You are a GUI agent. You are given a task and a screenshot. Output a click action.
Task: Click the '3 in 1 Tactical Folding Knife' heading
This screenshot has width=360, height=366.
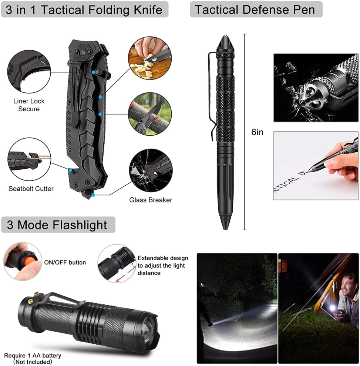(x=84, y=10)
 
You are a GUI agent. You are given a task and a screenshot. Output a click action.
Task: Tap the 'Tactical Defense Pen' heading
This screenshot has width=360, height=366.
(x=255, y=10)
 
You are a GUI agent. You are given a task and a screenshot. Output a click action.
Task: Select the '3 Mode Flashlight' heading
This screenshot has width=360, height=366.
(x=57, y=225)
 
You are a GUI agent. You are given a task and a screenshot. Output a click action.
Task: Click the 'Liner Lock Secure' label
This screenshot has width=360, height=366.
(x=29, y=105)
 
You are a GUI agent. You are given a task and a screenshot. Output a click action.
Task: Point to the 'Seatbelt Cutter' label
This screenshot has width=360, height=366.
(x=31, y=189)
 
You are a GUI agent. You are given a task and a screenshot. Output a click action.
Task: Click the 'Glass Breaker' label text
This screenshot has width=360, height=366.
(x=151, y=200)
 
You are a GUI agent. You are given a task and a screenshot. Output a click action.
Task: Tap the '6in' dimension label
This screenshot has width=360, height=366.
(x=257, y=132)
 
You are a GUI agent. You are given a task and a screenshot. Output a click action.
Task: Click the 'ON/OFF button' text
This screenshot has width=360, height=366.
(x=65, y=262)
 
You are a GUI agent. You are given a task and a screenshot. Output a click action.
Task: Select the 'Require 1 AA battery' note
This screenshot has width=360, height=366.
(x=33, y=355)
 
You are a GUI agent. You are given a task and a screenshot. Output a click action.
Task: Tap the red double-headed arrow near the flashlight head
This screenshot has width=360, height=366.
(x=126, y=274)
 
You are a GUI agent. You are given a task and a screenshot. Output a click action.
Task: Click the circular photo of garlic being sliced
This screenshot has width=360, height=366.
(x=150, y=58)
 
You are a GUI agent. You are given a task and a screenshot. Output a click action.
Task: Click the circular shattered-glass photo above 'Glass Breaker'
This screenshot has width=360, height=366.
(x=151, y=170)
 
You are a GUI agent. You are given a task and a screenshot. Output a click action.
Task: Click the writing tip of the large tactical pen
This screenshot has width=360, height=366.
(x=225, y=228)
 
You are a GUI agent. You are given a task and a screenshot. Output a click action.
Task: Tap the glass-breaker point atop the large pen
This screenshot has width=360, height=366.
(x=225, y=36)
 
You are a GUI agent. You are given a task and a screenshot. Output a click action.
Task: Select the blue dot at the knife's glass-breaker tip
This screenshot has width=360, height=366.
(x=93, y=195)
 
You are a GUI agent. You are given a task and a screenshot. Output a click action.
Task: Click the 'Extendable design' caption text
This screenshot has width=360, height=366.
(x=163, y=258)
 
